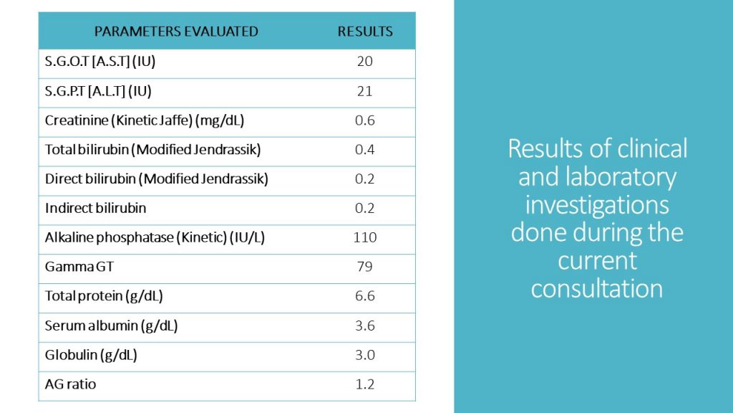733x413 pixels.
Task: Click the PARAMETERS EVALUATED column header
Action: pyautogui.click(x=176, y=32)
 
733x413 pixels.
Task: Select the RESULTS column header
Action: pyautogui.click(x=365, y=32)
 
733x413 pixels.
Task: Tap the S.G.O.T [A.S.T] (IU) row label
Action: pyautogui.click(x=100, y=62)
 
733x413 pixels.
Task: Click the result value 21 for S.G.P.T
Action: pyautogui.click(x=365, y=91)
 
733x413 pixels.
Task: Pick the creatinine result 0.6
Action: pyautogui.click(x=365, y=120)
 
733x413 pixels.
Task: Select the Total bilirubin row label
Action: pyautogui.click(x=152, y=150)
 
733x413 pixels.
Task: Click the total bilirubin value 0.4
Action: pyautogui.click(x=365, y=150)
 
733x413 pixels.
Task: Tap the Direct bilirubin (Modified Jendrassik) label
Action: pyautogui.click(x=156, y=179)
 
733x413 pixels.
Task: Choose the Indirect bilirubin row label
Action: pyautogui.click(x=95, y=209)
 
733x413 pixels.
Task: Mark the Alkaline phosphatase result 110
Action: pyautogui.click(x=365, y=237)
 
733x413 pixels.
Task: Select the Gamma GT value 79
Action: pyautogui.click(x=365, y=267)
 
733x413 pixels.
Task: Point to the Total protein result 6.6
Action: pyautogui.click(x=365, y=296)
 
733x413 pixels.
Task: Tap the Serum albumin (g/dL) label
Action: pyautogui.click(x=111, y=326)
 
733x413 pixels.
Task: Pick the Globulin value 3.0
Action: pyautogui.click(x=365, y=355)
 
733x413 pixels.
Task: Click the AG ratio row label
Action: pyautogui.click(x=70, y=384)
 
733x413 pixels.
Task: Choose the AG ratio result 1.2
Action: pyautogui.click(x=365, y=384)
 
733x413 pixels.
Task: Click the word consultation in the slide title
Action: pyautogui.click(x=597, y=288)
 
